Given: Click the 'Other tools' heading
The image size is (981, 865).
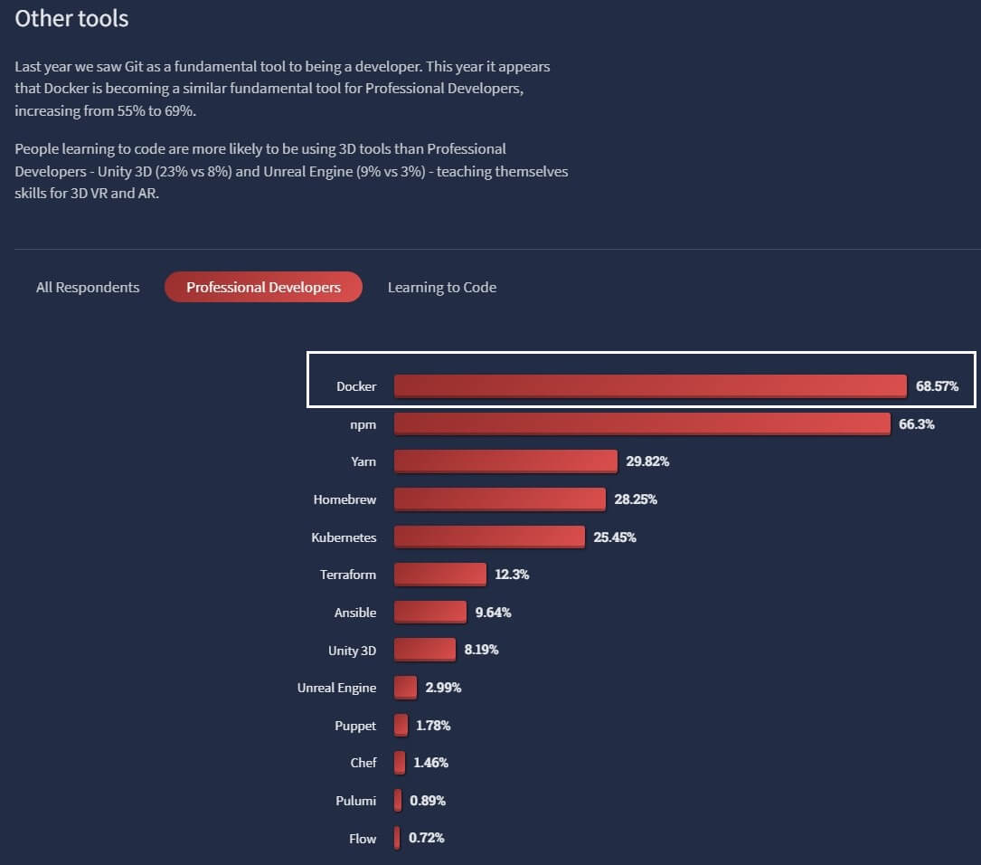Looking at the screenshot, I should click(71, 18).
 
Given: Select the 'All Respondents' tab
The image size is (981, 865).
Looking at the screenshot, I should click(88, 287).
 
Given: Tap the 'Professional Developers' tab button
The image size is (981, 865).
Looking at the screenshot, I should click(263, 287).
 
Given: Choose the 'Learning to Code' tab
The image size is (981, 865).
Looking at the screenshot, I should click(442, 287).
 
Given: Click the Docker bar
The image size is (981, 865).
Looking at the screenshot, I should click(649, 385).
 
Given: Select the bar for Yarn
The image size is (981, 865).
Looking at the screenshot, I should click(505, 461).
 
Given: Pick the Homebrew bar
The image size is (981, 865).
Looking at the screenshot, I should click(499, 499).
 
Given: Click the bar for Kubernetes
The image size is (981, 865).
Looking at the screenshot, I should click(489, 537).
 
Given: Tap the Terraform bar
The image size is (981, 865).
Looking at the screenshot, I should click(439, 574).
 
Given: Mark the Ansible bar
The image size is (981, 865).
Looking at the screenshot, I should click(429, 612).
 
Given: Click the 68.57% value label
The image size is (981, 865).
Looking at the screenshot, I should click(937, 386).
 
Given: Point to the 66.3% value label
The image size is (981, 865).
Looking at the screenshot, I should click(917, 423).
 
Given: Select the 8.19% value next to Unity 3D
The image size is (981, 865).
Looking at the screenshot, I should click(481, 650).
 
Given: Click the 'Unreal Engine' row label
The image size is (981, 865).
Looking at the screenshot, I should click(336, 688).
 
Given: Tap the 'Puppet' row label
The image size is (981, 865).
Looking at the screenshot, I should click(354, 726).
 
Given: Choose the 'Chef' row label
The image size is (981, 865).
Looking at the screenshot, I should click(363, 763).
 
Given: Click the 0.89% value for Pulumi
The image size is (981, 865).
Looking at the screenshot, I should click(428, 801).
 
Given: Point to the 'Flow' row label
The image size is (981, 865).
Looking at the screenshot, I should click(362, 839).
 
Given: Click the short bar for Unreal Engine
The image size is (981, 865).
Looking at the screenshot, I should click(405, 688).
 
